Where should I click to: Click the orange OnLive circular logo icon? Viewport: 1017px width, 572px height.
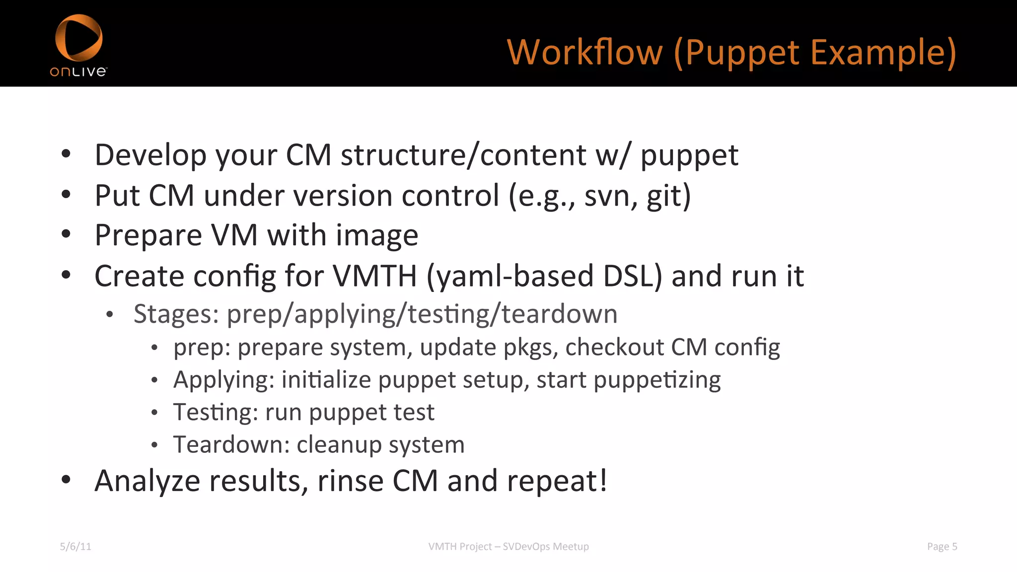78,37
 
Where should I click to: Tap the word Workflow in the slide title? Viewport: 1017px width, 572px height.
584,52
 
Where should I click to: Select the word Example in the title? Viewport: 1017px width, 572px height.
883,52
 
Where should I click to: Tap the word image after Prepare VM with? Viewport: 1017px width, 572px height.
377,235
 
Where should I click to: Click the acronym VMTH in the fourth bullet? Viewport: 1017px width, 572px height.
374,276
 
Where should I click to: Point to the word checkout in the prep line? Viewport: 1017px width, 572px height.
614,347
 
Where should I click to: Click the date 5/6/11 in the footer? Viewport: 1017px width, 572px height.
75,547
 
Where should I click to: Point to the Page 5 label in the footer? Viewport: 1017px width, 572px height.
942,547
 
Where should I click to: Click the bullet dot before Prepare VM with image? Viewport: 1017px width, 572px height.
66,234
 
